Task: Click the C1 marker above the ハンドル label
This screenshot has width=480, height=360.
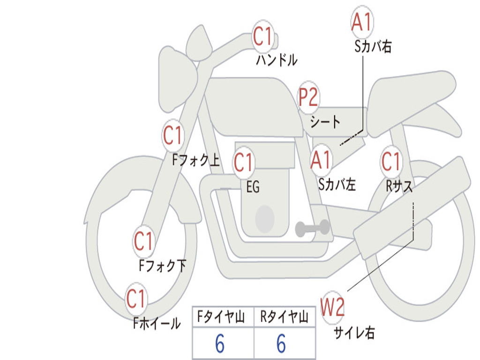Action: click(263, 37)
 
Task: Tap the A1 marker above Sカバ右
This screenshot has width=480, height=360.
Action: click(362, 22)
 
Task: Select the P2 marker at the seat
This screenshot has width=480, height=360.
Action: click(308, 97)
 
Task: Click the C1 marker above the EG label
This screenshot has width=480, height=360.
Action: click(244, 162)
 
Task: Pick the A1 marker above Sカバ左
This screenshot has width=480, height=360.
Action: click(321, 160)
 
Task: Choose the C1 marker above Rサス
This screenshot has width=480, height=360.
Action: click(391, 161)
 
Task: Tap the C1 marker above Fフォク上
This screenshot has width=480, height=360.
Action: click(173, 135)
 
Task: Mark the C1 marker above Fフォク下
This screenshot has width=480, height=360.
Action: click(143, 240)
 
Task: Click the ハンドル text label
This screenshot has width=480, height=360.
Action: click(277, 60)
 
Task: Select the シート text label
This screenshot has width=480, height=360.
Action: click(325, 121)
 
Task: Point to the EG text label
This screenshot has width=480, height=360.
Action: click(253, 187)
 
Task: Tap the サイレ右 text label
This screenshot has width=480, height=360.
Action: click(354, 332)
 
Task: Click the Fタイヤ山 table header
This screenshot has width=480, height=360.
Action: click(221, 316)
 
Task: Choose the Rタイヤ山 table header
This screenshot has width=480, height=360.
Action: click(285, 316)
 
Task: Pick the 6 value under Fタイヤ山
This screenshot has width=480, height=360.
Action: click(220, 344)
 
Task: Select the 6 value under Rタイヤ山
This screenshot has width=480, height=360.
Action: click(281, 344)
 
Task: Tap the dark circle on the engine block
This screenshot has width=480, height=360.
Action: click(265, 219)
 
